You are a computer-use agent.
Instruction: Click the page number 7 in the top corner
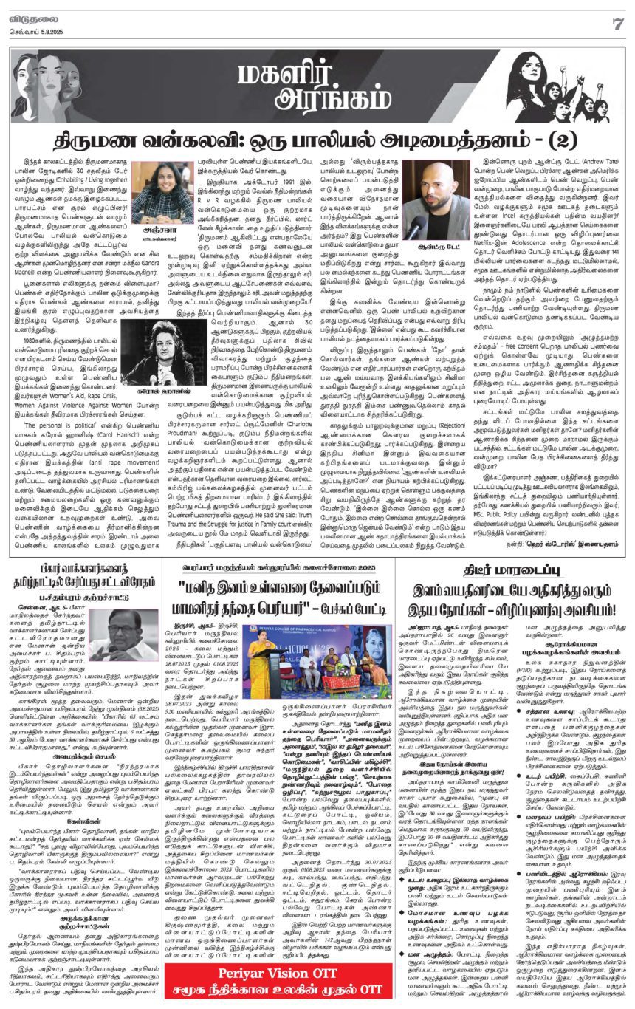pos(619,23)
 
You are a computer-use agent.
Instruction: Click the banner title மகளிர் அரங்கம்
pos(317,83)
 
